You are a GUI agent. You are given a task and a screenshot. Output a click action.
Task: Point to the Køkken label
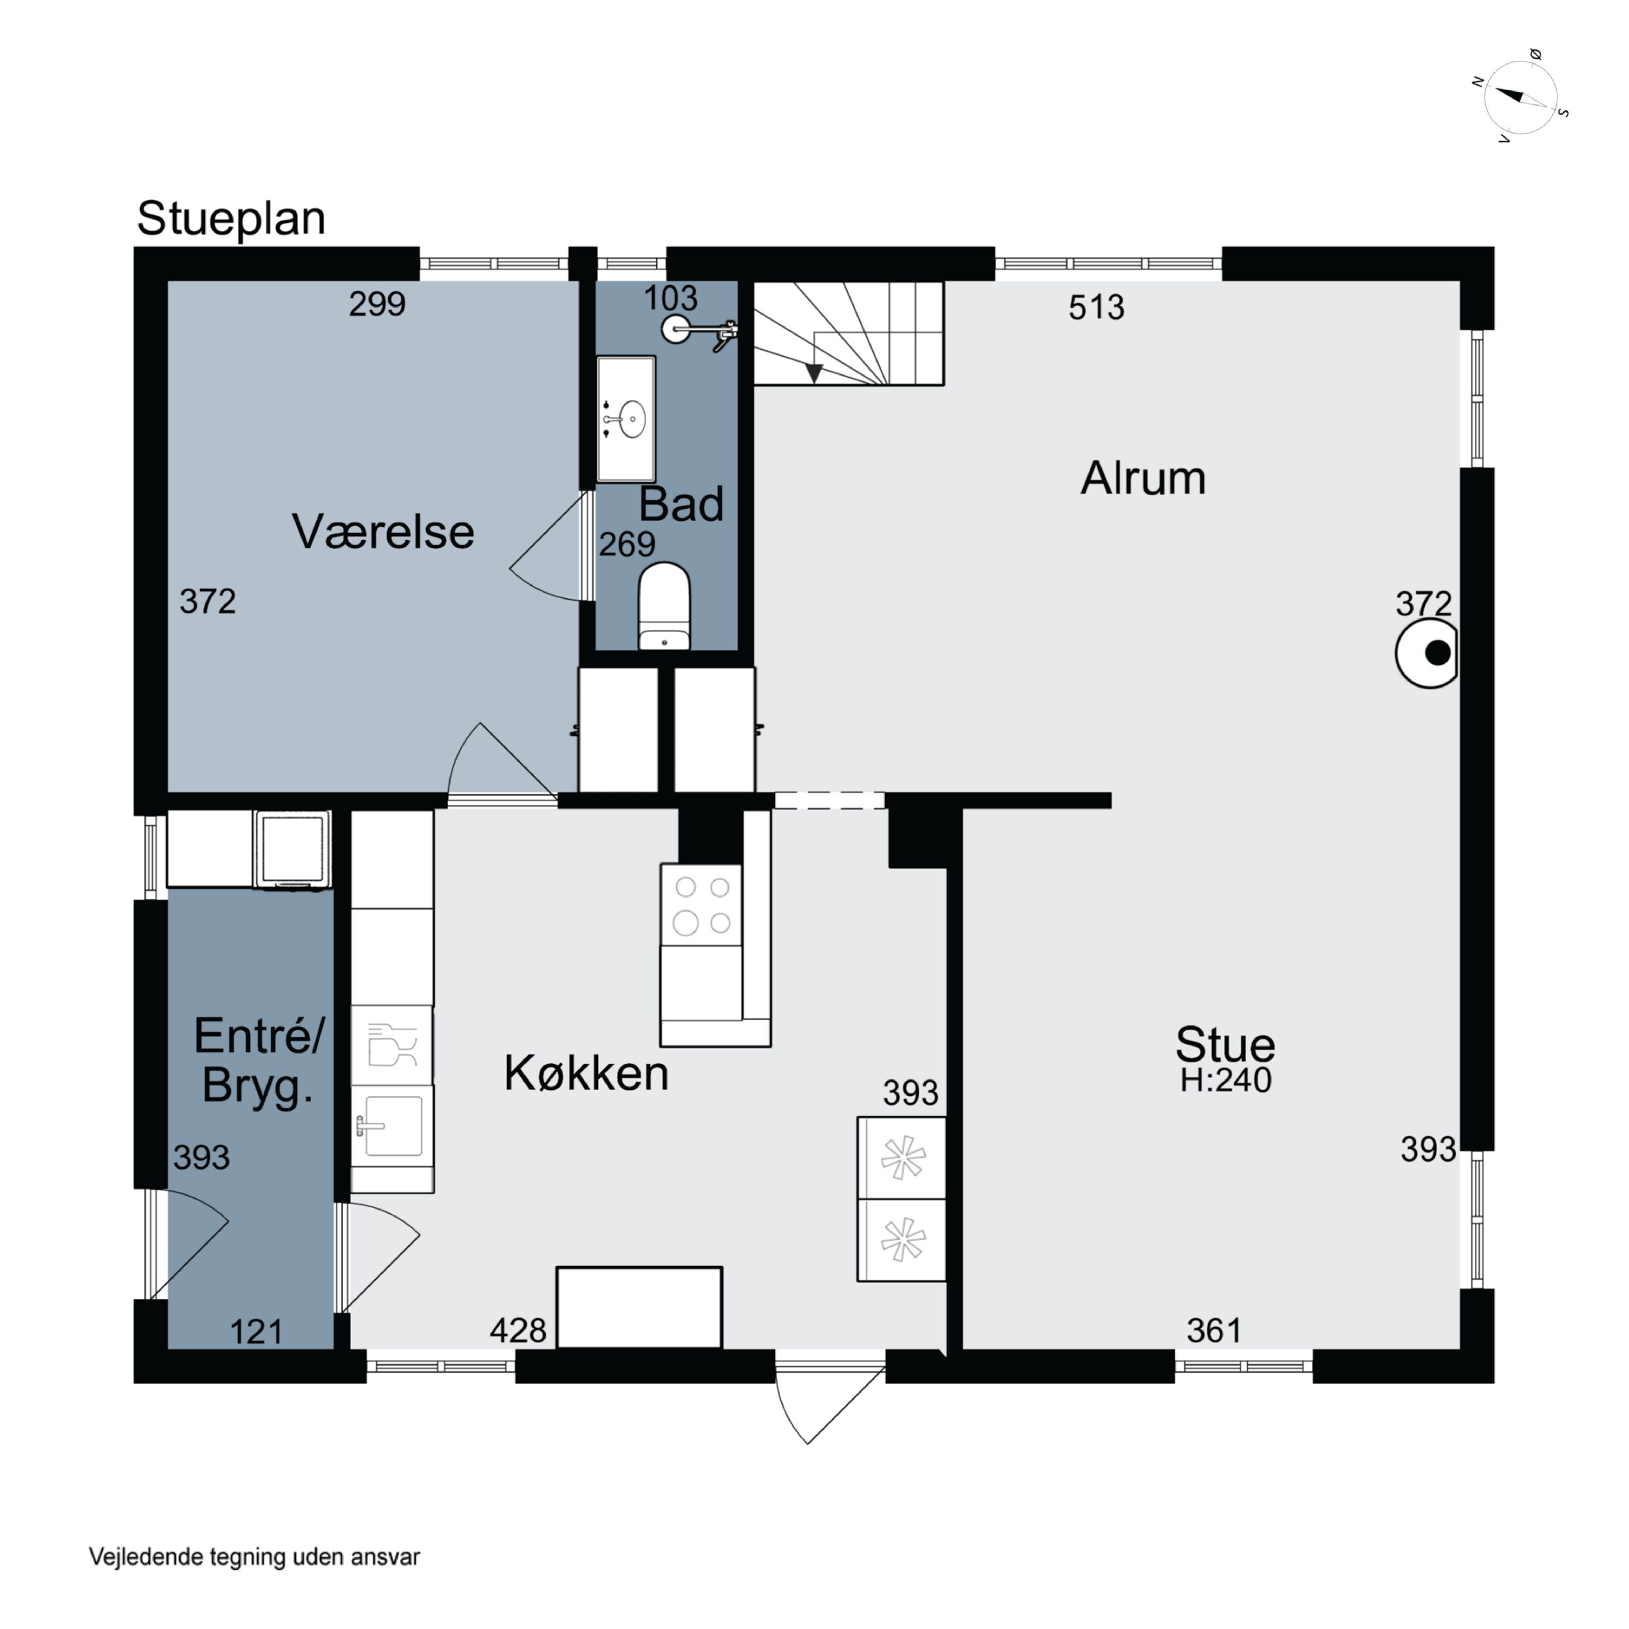pyautogui.click(x=586, y=1074)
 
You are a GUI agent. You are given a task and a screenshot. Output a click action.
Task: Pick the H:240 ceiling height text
pyautogui.click(x=1225, y=1080)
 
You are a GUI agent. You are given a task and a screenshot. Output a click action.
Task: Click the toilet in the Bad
pyautogui.click(x=665, y=606)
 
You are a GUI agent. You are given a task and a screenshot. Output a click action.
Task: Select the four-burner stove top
pyautogui.click(x=702, y=905)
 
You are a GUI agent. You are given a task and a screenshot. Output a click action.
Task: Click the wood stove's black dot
pyautogui.click(x=1438, y=653)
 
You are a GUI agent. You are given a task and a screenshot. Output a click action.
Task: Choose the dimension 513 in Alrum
pyautogui.click(x=1096, y=308)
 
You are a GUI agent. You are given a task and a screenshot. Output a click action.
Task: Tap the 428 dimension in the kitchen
pyautogui.click(x=517, y=1330)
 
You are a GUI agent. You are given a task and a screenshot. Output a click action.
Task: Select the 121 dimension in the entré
pyautogui.click(x=255, y=1332)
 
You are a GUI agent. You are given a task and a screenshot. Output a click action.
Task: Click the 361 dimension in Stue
pyautogui.click(x=1214, y=1330)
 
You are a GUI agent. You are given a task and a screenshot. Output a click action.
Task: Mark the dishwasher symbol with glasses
pyautogui.click(x=392, y=1045)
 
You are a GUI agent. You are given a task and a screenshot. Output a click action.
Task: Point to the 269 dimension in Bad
pyautogui.click(x=627, y=545)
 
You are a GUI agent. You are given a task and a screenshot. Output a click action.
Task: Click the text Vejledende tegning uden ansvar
pyautogui.click(x=254, y=1556)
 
